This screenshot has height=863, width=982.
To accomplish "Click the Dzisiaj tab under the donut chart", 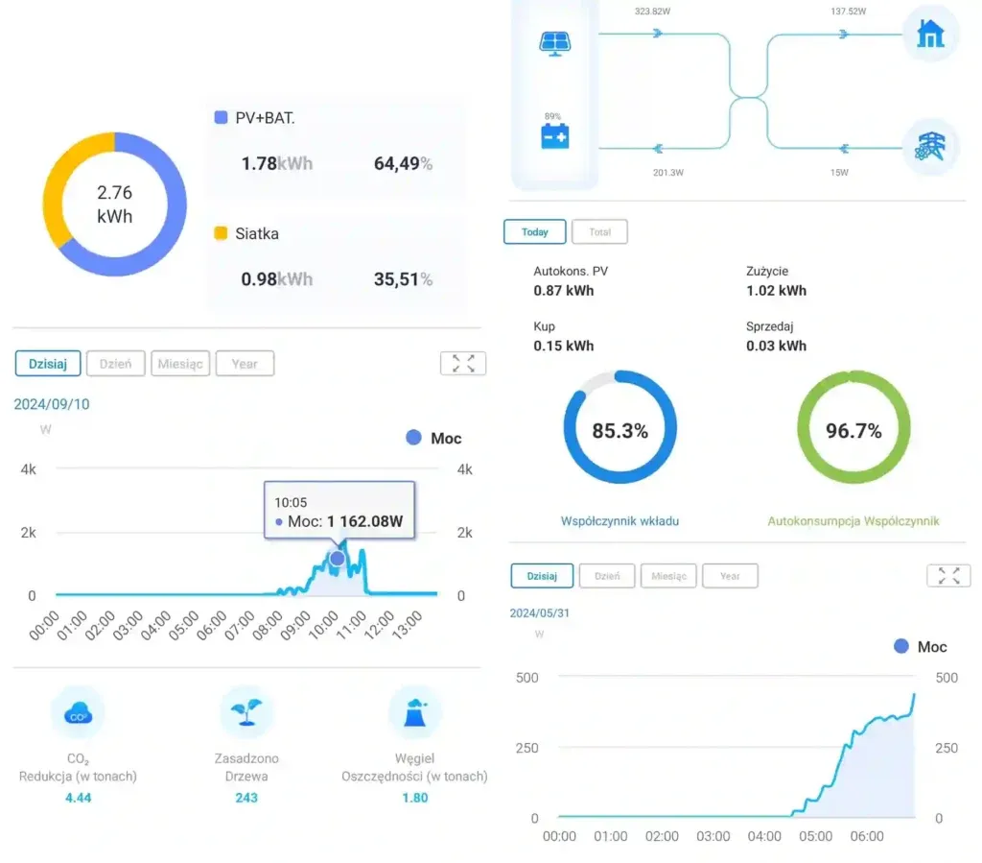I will [x=48, y=364].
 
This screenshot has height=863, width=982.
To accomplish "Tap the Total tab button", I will [x=599, y=232].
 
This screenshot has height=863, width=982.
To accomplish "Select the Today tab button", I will [x=534, y=232].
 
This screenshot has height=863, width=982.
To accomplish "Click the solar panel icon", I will [x=554, y=43].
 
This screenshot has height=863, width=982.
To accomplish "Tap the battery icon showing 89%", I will [x=554, y=136].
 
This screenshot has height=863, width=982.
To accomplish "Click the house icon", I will [x=930, y=35].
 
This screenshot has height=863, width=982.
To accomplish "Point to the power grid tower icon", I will [x=930, y=146].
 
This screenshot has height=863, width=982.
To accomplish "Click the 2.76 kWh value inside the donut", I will [x=114, y=204].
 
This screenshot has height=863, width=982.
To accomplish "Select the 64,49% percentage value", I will [x=403, y=164].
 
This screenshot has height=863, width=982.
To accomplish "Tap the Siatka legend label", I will [x=257, y=233].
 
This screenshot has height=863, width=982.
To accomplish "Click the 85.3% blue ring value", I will [x=620, y=431].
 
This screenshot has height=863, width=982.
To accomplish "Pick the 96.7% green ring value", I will [x=853, y=431].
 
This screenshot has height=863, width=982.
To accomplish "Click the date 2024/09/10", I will [x=52, y=404].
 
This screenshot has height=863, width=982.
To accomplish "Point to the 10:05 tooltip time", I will [x=291, y=502].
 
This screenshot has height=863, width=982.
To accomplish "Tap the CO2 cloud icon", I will [x=77, y=713].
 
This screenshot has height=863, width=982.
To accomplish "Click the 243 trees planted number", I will [x=246, y=798].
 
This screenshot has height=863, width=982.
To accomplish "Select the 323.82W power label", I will [x=653, y=12].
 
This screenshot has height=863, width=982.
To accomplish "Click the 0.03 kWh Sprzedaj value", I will [x=776, y=346].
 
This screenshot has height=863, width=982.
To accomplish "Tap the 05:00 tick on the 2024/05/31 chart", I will [x=815, y=836].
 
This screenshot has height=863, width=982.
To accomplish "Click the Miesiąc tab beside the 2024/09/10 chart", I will [x=180, y=364].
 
